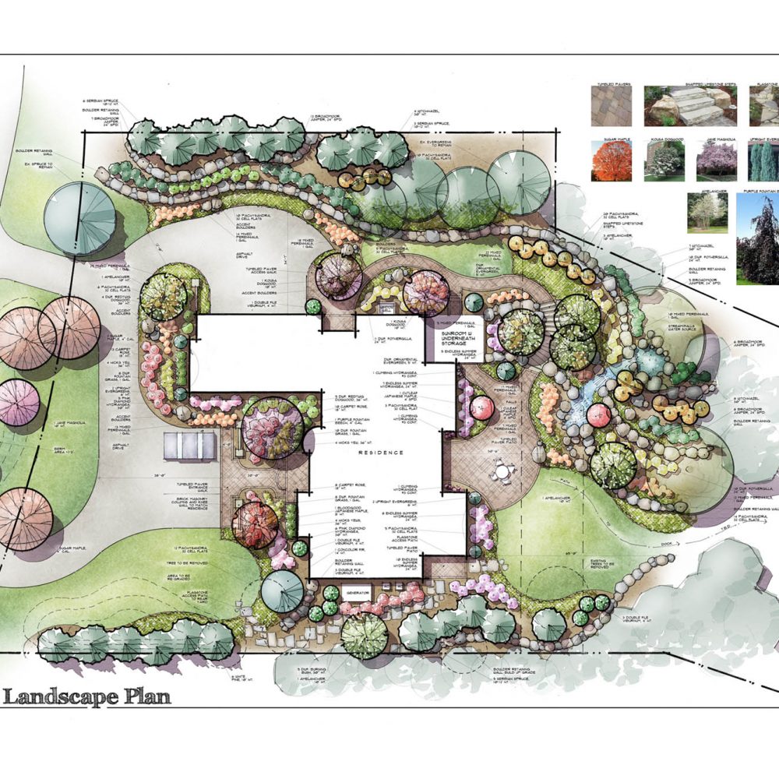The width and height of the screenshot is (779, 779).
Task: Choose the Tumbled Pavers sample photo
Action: pyautogui.click(x=608, y=105)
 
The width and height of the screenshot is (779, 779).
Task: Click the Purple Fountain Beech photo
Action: pyautogui.click(x=757, y=238)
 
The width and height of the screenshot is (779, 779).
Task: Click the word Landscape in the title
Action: pyautogui.click(x=62, y=696)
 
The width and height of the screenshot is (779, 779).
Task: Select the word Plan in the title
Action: pyautogui.click(x=147, y=696)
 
